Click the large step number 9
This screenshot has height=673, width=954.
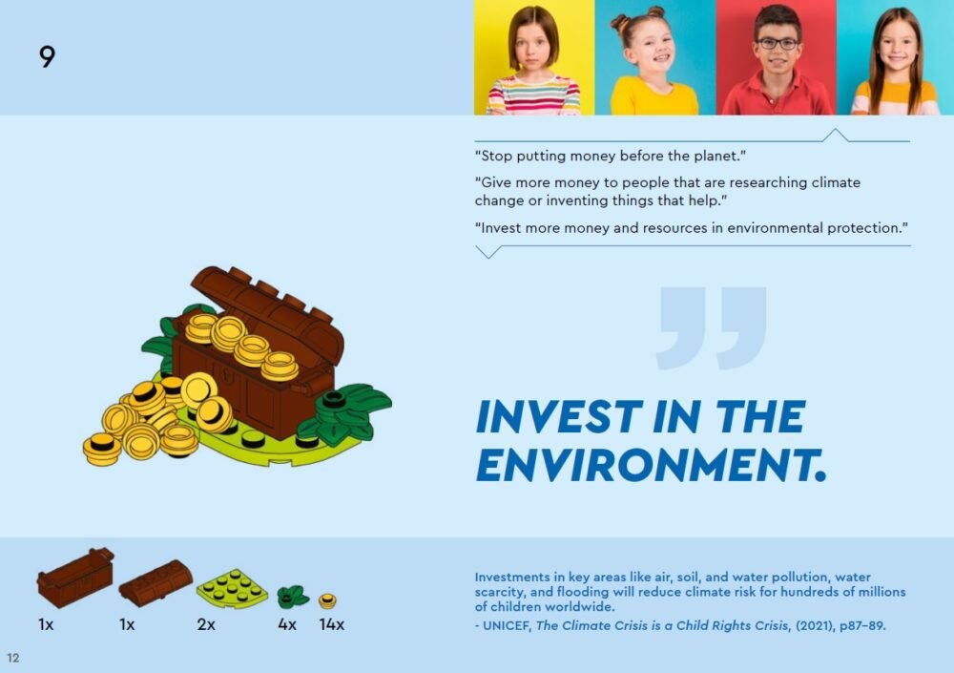(x=47, y=56)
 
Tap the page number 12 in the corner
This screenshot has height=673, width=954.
(x=12, y=658)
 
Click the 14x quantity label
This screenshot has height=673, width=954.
(x=332, y=624)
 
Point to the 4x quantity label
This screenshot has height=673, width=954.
(x=286, y=624)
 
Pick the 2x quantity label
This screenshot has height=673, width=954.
(x=206, y=624)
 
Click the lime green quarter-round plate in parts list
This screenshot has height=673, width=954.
(x=232, y=588)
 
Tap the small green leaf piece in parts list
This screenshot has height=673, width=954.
(x=293, y=597)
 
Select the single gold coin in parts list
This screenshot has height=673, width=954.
(x=327, y=601)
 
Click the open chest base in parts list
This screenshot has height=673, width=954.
(x=75, y=578)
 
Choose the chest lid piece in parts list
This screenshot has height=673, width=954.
(x=156, y=583)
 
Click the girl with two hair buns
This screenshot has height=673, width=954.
(x=653, y=61)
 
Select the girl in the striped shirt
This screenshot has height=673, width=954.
(x=533, y=61)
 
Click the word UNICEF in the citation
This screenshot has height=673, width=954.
(x=507, y=625)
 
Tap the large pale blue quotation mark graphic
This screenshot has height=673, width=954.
(x=712, y=328)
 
